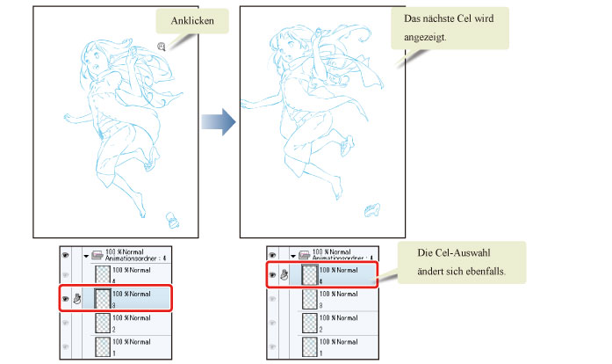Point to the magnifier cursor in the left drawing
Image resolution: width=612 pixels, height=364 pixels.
pyautogui.click(x=162, y=47)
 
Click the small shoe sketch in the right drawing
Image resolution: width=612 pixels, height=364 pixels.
pyautogui.click(x=374, y=207)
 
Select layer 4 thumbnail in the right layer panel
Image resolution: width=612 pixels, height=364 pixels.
pyautogui.click(x=309, y=274)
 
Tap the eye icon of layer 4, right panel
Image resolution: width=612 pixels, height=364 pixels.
pyautogui.click(x=271, y=274)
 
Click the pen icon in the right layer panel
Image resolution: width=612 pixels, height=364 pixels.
pyautogui.click(x=284, y=274)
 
